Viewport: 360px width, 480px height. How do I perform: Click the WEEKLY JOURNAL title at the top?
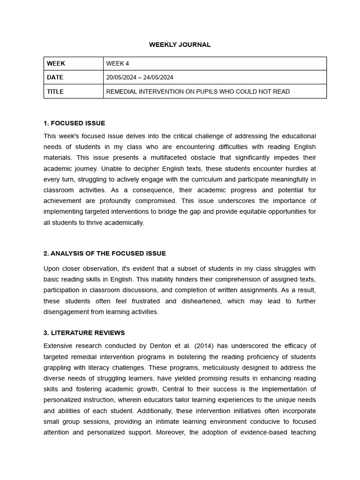point(180,45)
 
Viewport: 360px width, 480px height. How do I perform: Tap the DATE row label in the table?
point(55,77)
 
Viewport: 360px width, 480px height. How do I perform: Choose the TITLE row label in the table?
point(55,91)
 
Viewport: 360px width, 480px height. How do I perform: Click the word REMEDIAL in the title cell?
point(122,91)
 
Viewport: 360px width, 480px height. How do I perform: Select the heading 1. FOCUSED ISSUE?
point(74,123)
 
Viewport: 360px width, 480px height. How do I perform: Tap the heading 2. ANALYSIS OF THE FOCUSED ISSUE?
point(105,254)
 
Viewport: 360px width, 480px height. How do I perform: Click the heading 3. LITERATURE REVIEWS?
point(84,333)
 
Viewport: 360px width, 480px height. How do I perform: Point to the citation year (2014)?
point(203,346)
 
